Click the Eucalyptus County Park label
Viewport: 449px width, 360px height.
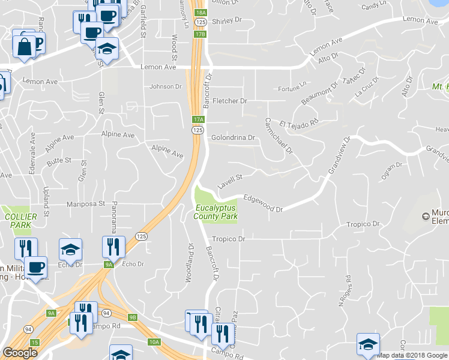(x=215, y=212)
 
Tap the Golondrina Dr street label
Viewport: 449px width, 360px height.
(x=234, y=137)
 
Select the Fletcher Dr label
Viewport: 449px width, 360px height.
(x=230, y=101)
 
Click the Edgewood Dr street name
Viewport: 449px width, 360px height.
(x=263, y=203)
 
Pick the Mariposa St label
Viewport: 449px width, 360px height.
(x=86, y=204)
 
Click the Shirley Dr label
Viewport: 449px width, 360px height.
(x=226, y=20)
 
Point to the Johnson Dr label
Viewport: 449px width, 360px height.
(x=165, y=86)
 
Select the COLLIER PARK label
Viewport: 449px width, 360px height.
(x=21, y=220)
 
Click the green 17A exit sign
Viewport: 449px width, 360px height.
(x=199, y=119)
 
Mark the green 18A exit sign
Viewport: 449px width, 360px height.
(x=200, y=12)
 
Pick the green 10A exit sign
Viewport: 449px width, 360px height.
(x=154, y=342)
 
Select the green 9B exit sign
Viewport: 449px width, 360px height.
(x=133, y=317)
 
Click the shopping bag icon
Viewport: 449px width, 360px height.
(x=25, y=46)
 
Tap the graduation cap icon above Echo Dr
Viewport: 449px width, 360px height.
(x=70, y=249)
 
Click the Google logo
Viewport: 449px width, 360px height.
(x=20, y=353)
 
